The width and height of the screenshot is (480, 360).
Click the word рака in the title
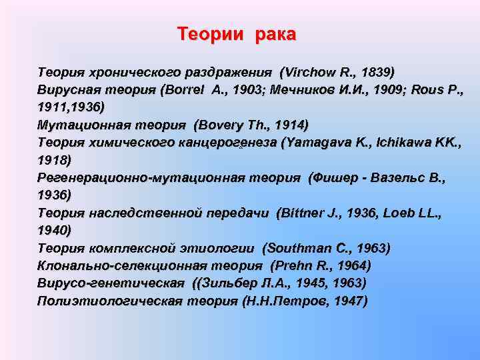coord(274,33)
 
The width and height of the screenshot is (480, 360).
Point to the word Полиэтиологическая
coord(103,301)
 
